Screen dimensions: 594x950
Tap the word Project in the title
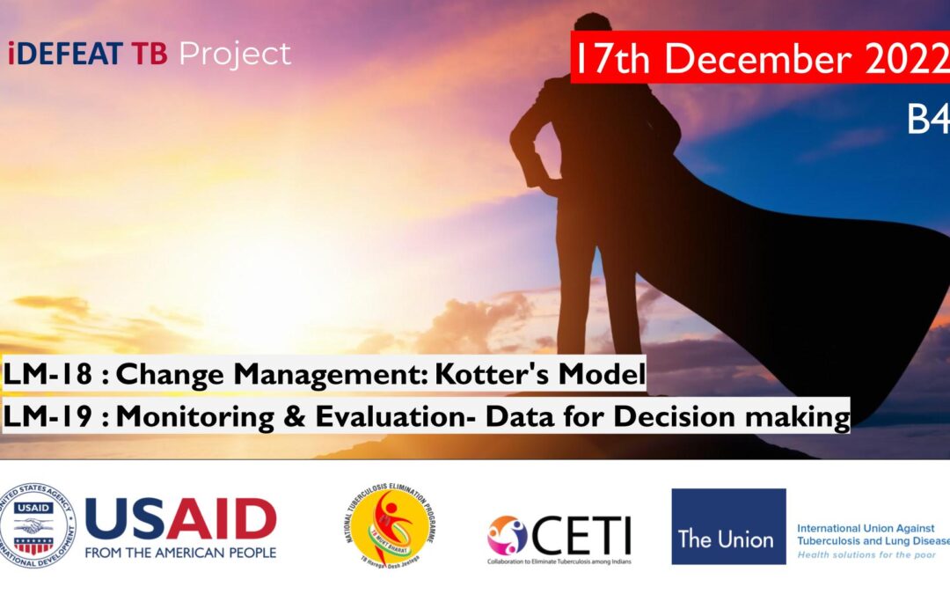pyautogui.click(x=235, y=55)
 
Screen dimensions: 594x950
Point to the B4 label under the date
pyautogui.click(x=927, y=121)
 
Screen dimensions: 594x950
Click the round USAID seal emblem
pyautogui.click(x=38, y=525)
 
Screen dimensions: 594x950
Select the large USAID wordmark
pyautogui.click(x=180, y=519)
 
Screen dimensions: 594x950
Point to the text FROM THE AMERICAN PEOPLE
pyautogui.click(x=180, y=553)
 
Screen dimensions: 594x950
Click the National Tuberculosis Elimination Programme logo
pyautogui.click(x=391, y=526)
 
